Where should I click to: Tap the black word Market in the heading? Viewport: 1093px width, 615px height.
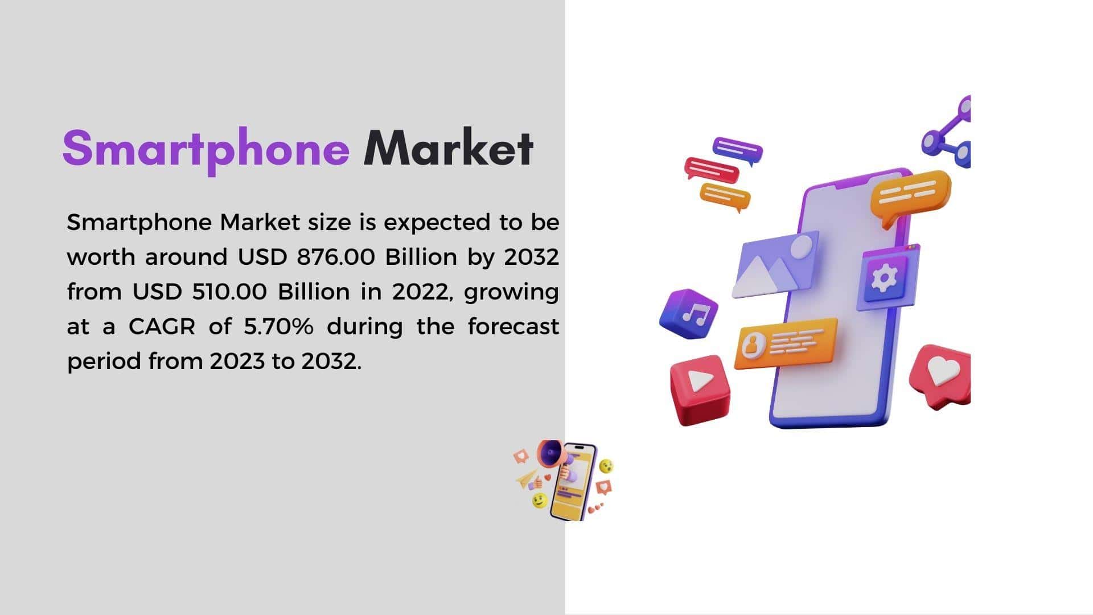pos(449,148)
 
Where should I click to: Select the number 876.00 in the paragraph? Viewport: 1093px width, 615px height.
pos(336,257)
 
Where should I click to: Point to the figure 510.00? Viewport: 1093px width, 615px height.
pos(229,292)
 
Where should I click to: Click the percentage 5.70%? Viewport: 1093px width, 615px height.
pos(278,326)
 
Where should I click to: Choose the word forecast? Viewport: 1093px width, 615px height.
pos(513,326)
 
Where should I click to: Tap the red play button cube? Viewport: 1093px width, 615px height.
pos(700,389)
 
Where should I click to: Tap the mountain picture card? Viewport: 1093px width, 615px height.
pos(775,265)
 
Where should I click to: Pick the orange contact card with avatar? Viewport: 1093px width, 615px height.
pos(786,343)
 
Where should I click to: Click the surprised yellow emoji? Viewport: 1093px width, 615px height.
pos(607,466)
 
